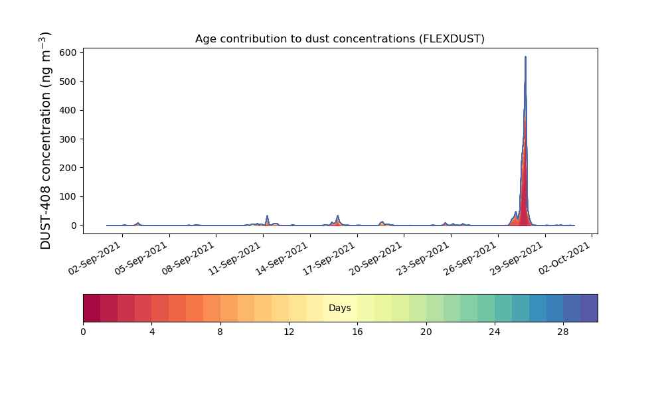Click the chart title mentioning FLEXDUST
(339, 39)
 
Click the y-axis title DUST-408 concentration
(45, 141)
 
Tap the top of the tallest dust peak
(525, 56)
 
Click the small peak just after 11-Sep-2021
(267, 216)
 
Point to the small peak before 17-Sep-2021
(337, 216)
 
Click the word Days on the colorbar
(339, 308)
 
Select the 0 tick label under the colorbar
(83, 332)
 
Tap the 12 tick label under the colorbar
(289, 332)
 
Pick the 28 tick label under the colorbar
(563, 332)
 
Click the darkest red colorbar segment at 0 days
(92, 308)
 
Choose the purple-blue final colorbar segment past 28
(589, 308)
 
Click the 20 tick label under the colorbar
(426, 332)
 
